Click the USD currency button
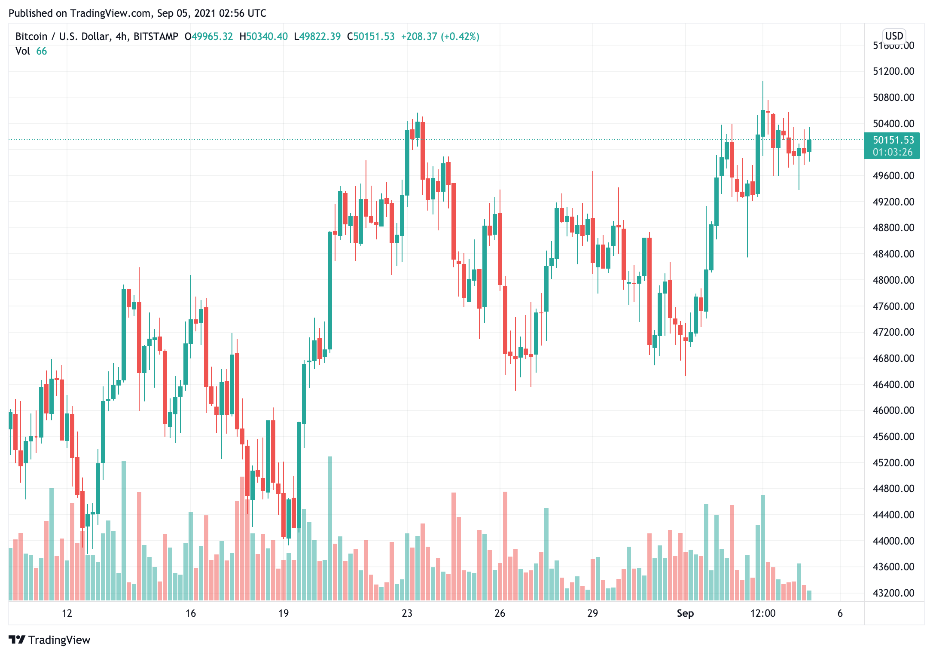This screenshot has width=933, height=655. click(x=894, y=36)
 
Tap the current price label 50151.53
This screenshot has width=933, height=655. click(x=893, y=140)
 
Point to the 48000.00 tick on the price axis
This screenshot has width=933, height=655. click(x=893, y=280)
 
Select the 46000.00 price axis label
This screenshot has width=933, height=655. click(x=893, y=410)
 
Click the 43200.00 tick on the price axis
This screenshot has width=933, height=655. click(x=893, y=593)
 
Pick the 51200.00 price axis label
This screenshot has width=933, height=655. click(x=893, y=71)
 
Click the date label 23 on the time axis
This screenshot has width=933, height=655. click(x=407, y=613)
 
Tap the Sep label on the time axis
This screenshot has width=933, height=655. click(x=685, y=613)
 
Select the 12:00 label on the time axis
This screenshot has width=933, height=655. click(x=763, y=613)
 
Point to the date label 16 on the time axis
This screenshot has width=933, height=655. click(x=190, y=613)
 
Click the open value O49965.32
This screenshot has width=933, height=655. click(x=209, y=37)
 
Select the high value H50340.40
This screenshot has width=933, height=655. click(x=263, y=37)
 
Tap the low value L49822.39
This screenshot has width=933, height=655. click(x=317, y=37)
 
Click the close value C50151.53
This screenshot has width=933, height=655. click(x=371, y=37)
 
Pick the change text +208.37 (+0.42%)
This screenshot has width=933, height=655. click(x=440, y=37)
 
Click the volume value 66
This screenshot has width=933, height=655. click(x=42, y=51)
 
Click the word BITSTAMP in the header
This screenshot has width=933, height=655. click(x=155, y=37)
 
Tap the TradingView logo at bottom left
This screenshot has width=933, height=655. click(x=49, y=640)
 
